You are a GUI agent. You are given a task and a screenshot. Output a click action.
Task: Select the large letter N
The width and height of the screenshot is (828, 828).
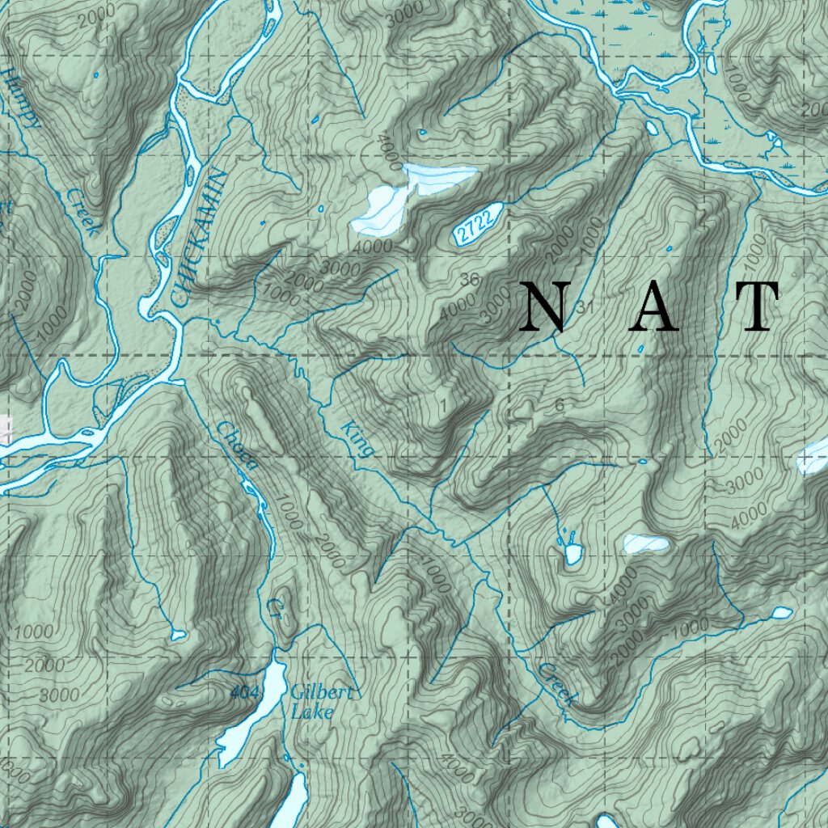pos(543,307)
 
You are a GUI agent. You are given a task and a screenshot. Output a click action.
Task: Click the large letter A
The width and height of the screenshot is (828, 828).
pos(653,307)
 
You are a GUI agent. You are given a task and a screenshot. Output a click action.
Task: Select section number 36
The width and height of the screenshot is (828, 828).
pos(469,281)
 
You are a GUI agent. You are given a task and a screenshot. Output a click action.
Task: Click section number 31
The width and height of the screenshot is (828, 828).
pos(586,307)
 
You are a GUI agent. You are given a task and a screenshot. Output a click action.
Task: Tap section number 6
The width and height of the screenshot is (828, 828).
pos(560,406)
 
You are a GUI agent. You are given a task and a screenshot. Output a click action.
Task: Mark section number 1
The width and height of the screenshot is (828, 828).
pos(442,404)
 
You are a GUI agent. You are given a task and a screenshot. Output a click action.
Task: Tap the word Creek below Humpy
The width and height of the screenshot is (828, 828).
pos(82,213)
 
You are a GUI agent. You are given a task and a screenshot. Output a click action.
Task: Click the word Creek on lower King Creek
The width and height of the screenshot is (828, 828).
pos(558,683)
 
